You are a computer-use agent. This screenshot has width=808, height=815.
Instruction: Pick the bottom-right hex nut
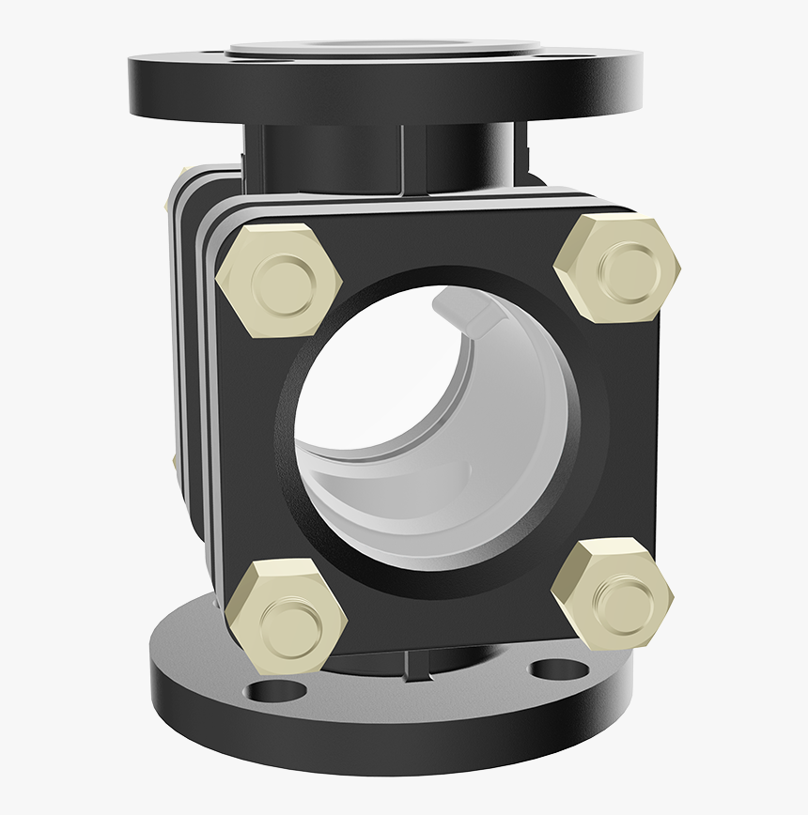[612, 594]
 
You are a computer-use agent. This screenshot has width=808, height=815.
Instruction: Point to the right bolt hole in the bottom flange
[555, 669]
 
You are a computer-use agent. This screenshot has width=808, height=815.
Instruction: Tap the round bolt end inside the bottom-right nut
[615, 596]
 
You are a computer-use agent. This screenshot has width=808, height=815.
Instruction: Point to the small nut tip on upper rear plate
[181, 172]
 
